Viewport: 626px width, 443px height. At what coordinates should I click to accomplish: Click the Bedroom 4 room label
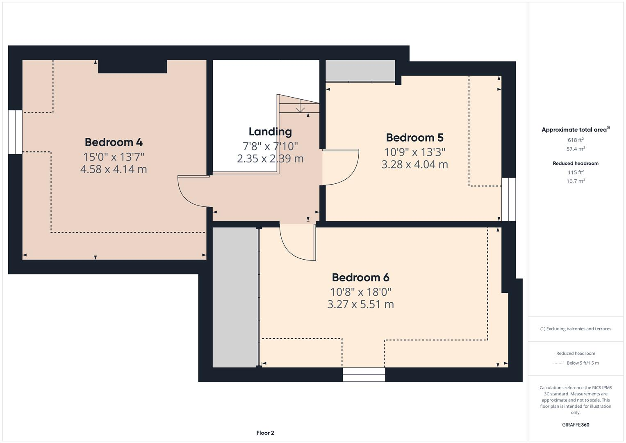[114, 142]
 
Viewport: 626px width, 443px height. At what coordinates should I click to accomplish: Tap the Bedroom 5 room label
[414, 137]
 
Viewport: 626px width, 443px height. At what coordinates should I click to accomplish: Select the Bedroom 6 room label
[360, 278]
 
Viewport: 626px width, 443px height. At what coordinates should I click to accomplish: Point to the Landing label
[270, 132]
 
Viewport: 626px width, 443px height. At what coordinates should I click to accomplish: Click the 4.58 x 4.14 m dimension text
[114, 169]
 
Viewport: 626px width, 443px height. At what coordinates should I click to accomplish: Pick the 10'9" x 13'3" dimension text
[414, 152]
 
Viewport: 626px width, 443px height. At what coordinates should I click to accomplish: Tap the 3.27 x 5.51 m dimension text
[360, 304]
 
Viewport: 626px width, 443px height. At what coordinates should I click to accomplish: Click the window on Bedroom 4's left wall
[15, 132]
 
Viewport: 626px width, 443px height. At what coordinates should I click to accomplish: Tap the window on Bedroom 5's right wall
[508, 199]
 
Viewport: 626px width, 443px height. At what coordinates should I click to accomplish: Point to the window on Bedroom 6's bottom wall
[364, 374]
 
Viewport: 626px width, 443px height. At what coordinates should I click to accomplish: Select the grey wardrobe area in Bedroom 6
[235, 297]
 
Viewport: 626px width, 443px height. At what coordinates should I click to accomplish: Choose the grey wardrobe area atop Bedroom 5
[360, 71]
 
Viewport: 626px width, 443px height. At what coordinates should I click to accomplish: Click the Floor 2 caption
[265, 433]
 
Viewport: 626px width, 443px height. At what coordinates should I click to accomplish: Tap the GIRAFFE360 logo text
[575, 425]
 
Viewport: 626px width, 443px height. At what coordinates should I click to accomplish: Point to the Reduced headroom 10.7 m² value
[575, 181]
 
